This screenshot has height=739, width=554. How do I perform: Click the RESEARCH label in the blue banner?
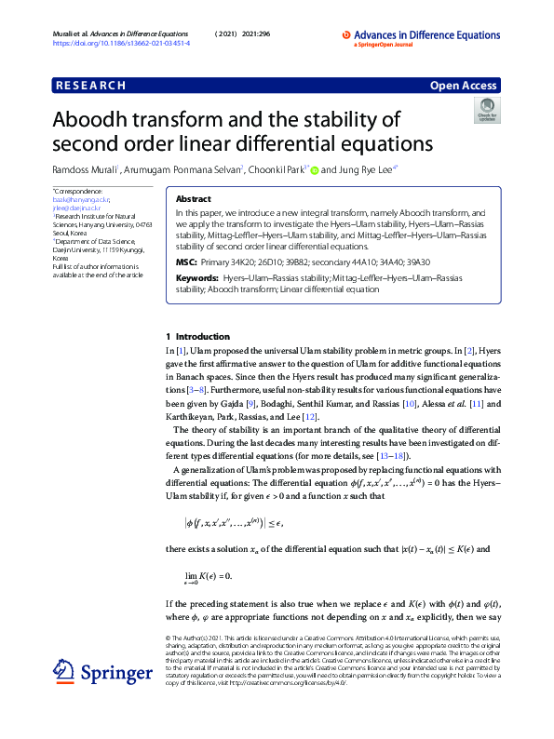click(x=91, y=86)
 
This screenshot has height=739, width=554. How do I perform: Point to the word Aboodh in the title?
click(x=97, y=121)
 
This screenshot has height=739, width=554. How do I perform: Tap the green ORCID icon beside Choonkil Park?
click(x=314, y=171)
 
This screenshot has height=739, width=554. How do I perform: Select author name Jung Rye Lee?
click(x=351, y=170)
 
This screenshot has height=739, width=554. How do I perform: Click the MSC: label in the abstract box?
click(x=186, y=263)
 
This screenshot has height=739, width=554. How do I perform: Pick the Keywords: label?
click(x=196, y=278)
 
